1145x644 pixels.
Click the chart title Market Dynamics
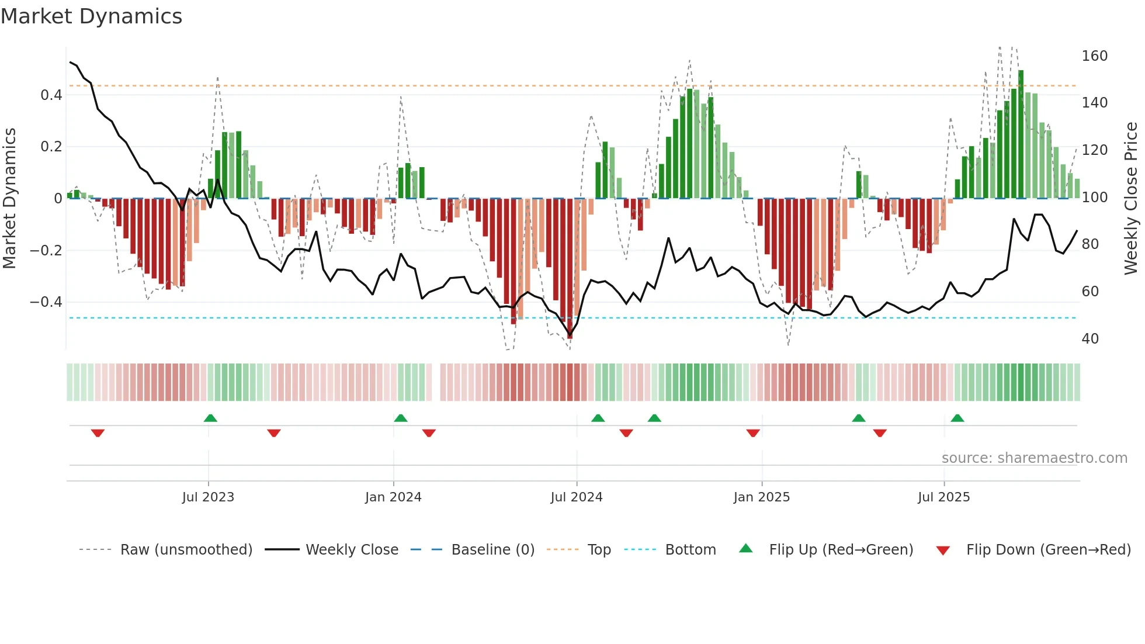point(91,16)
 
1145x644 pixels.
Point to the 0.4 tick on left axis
point(51,95)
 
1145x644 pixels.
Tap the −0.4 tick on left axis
point(46,302)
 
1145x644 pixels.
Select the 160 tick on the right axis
point(1094,56)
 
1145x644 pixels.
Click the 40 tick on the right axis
point(1090,339)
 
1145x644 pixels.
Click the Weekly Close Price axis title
point(1131,199)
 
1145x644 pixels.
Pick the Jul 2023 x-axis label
point(208,497)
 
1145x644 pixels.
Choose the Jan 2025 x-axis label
point(761,497)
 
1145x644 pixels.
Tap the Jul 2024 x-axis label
point(576,497)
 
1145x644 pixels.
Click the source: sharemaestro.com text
point(1034,458)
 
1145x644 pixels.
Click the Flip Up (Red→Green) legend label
point(841,550)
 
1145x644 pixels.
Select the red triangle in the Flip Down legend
point(942,550)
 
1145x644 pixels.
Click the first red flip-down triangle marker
point(98,433)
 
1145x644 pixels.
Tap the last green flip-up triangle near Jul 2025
point(957,418)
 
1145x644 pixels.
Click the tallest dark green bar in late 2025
point(1021,134)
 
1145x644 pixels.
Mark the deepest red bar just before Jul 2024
point(570,269)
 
